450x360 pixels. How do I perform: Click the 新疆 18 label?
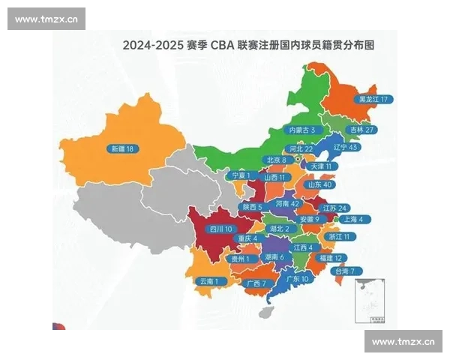click(x=121, y=148)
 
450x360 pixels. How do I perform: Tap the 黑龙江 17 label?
click(x=373, y=99)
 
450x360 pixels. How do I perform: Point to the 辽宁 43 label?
click(x=344, y=148)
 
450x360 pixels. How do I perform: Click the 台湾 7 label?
click(x=349, y=270)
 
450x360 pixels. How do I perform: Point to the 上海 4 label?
click(x=352, y=219)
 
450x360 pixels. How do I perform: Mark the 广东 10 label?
click(x=297, y=278)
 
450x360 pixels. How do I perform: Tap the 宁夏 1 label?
click(x=239, y=175)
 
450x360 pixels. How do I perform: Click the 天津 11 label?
click(x=324, y=166)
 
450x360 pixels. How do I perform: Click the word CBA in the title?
click(x=224, y=45)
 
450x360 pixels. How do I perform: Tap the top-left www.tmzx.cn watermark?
click(x=46, y=19)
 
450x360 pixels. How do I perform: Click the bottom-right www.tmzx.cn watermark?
click(x=403, y=342)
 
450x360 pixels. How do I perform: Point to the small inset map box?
click(x=370, y=301)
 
